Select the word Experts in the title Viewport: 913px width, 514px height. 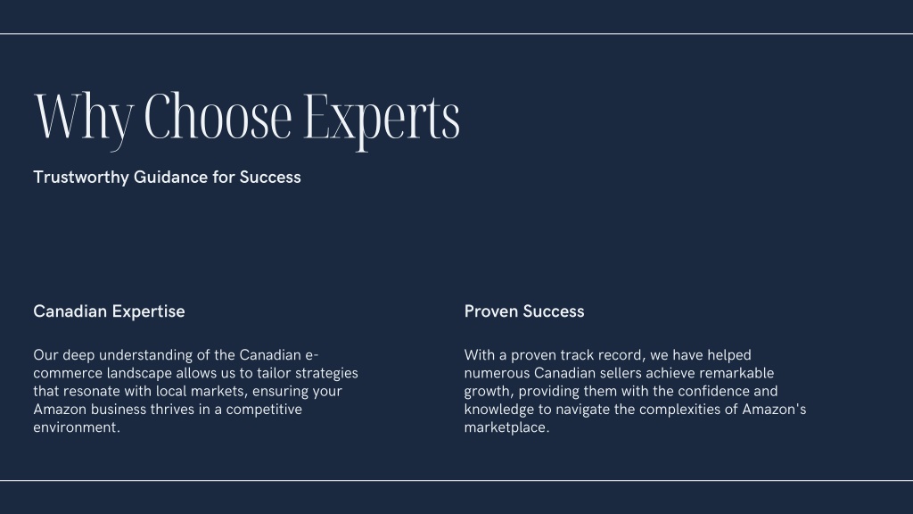[382, 120]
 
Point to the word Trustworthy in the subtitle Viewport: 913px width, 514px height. [81, 178]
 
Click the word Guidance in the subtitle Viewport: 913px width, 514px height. [170, 177]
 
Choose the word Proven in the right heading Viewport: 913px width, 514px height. [491, 311]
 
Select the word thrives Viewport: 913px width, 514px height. [172, 409]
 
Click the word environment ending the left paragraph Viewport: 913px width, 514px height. [77, 427]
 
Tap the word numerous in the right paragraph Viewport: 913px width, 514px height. [497, 374]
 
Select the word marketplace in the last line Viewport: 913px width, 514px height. [506, 427]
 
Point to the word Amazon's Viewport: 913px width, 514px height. [774, 409]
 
